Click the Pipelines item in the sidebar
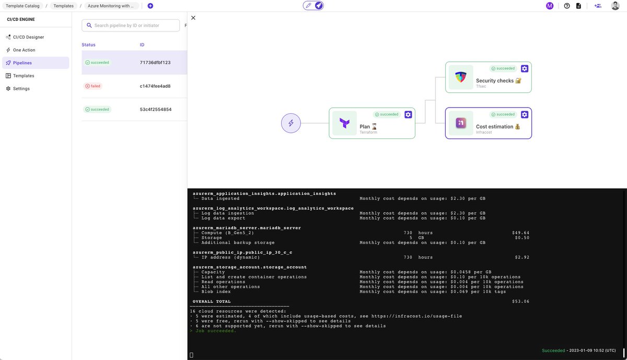22,63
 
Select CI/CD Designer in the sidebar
28,37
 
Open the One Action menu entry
24,50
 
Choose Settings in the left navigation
21,89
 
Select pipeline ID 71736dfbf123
155,63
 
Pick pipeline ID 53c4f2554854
155,110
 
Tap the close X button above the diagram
193,18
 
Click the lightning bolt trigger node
291,123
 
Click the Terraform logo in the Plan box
344,123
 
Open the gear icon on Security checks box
525,68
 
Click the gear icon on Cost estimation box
525,114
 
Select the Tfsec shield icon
460,77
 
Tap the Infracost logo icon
460,123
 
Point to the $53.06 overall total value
520,301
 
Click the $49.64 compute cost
520,233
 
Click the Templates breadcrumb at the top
63,6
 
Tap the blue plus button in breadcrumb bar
150,6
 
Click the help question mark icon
567,6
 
